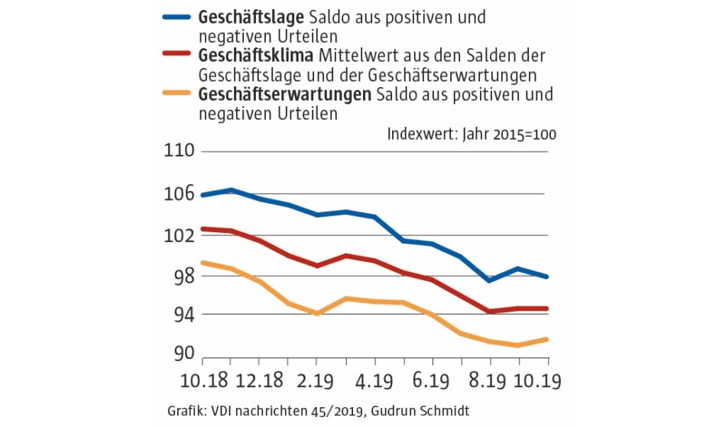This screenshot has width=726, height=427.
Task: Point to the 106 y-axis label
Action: (x=178, y=194)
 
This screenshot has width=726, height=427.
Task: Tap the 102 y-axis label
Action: (x=178, y=235)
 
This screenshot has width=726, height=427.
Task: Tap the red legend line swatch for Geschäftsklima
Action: (x=177, y=55)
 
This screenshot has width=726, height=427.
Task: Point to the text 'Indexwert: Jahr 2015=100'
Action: (x=472, y=133)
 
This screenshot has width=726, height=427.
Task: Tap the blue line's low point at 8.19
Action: (x=490, y=280)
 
